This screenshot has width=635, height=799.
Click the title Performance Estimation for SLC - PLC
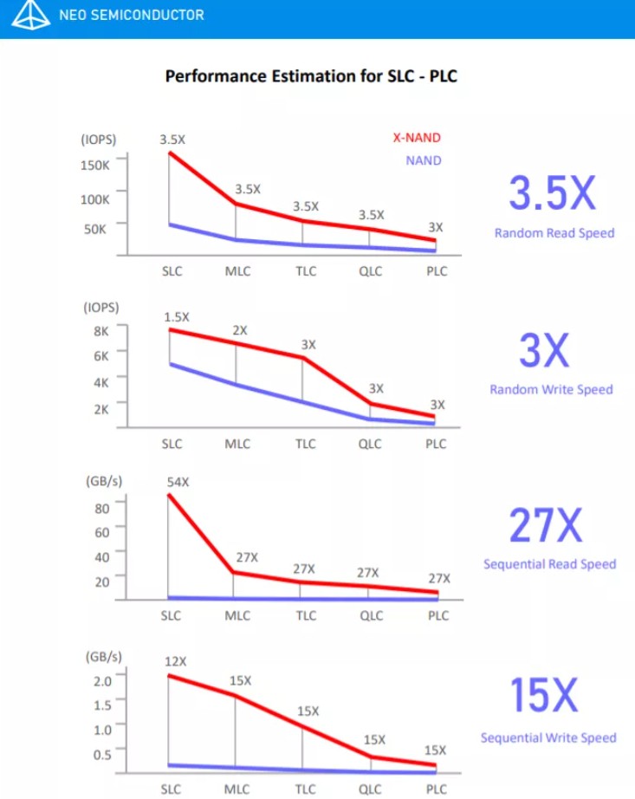coord(311,76)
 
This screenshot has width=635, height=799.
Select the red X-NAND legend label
coord(417,138)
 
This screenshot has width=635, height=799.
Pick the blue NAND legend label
coord(423,160)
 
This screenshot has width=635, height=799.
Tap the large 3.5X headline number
coord(552,194)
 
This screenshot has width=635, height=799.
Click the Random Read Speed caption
coord(554,232)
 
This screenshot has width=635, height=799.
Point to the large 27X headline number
coord(545,524)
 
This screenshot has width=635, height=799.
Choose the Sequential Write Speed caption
coord(548,737)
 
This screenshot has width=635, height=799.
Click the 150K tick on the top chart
coord(95,165)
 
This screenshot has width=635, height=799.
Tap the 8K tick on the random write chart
coord(101,330)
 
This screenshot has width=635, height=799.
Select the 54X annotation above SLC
coord(178,482)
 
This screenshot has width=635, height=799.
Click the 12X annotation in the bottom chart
coord(175,661)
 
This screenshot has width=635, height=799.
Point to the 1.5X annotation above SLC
coord(177,316)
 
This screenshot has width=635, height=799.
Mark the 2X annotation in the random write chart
coord(240,330)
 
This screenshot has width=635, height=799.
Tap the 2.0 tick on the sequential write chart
coord(102,680)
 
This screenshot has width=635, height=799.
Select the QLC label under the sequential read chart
coord(371,616)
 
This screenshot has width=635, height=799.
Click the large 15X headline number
coord(543,696)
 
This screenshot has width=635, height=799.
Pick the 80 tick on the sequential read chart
coord(102,508)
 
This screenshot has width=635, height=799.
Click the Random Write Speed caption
coord(551,389)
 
